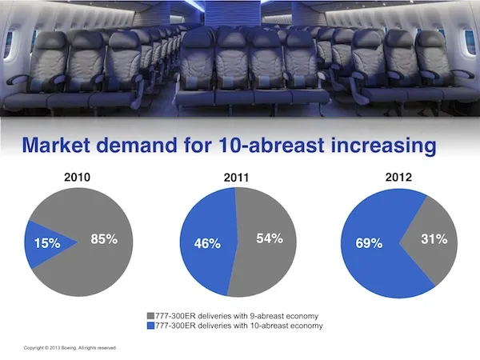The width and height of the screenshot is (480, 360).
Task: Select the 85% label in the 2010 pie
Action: (x=104, y=238)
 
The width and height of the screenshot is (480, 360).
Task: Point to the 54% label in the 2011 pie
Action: (x=270, y=238)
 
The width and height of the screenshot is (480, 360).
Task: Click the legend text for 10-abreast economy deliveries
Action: (x=238, y=326)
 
